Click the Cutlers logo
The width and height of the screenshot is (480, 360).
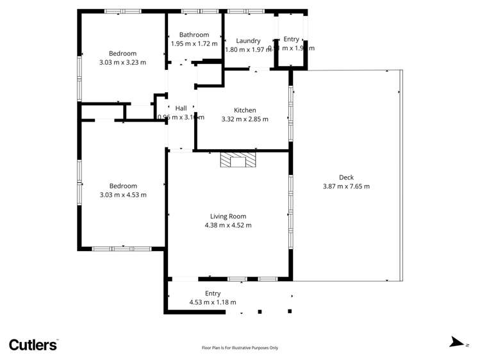(x=33, y=344)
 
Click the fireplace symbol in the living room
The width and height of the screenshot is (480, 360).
(x=237, y=160)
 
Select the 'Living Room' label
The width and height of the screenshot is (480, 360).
(x=228, y=217)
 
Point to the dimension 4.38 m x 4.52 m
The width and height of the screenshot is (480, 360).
(x=228, y=225)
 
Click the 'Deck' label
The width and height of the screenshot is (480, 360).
(x=346, y=177)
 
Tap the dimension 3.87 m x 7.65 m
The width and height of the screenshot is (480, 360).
(x=346, y=186)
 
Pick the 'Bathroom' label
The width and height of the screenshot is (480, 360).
(x=194, y=35)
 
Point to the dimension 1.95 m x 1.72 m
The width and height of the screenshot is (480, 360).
(x=194, y=44)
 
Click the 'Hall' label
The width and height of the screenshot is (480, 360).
(x=181, y=108)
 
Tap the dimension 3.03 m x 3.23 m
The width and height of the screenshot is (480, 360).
(x=122, y=62)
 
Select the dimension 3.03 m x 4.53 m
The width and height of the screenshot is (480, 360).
(x=122, y=195)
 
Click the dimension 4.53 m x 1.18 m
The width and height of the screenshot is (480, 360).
(x=213, y=302)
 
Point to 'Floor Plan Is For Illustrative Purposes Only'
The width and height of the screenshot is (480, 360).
(x=240, y=348)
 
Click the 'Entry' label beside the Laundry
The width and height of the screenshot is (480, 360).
(x=292, y=39)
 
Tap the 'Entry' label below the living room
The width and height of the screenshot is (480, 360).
(x=213, y=293)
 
